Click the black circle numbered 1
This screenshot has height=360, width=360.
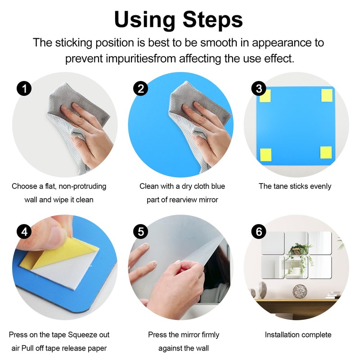pos(24,89)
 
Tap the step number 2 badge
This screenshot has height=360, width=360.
pos(140,89)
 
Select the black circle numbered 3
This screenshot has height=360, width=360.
pos(259,89)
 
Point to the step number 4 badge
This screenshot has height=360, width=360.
pos(24,231)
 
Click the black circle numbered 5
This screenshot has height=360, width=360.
pos(140,231)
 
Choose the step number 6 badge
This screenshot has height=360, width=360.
pos(259,231)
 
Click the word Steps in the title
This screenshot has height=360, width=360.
pos(212,20)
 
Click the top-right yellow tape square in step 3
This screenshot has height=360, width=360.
pos(327,95)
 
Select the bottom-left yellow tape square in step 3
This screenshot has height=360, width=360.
pos(265,155)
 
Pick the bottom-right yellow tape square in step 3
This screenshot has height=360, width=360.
pos(326,153)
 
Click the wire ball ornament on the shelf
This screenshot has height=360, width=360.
pos(300,291)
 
